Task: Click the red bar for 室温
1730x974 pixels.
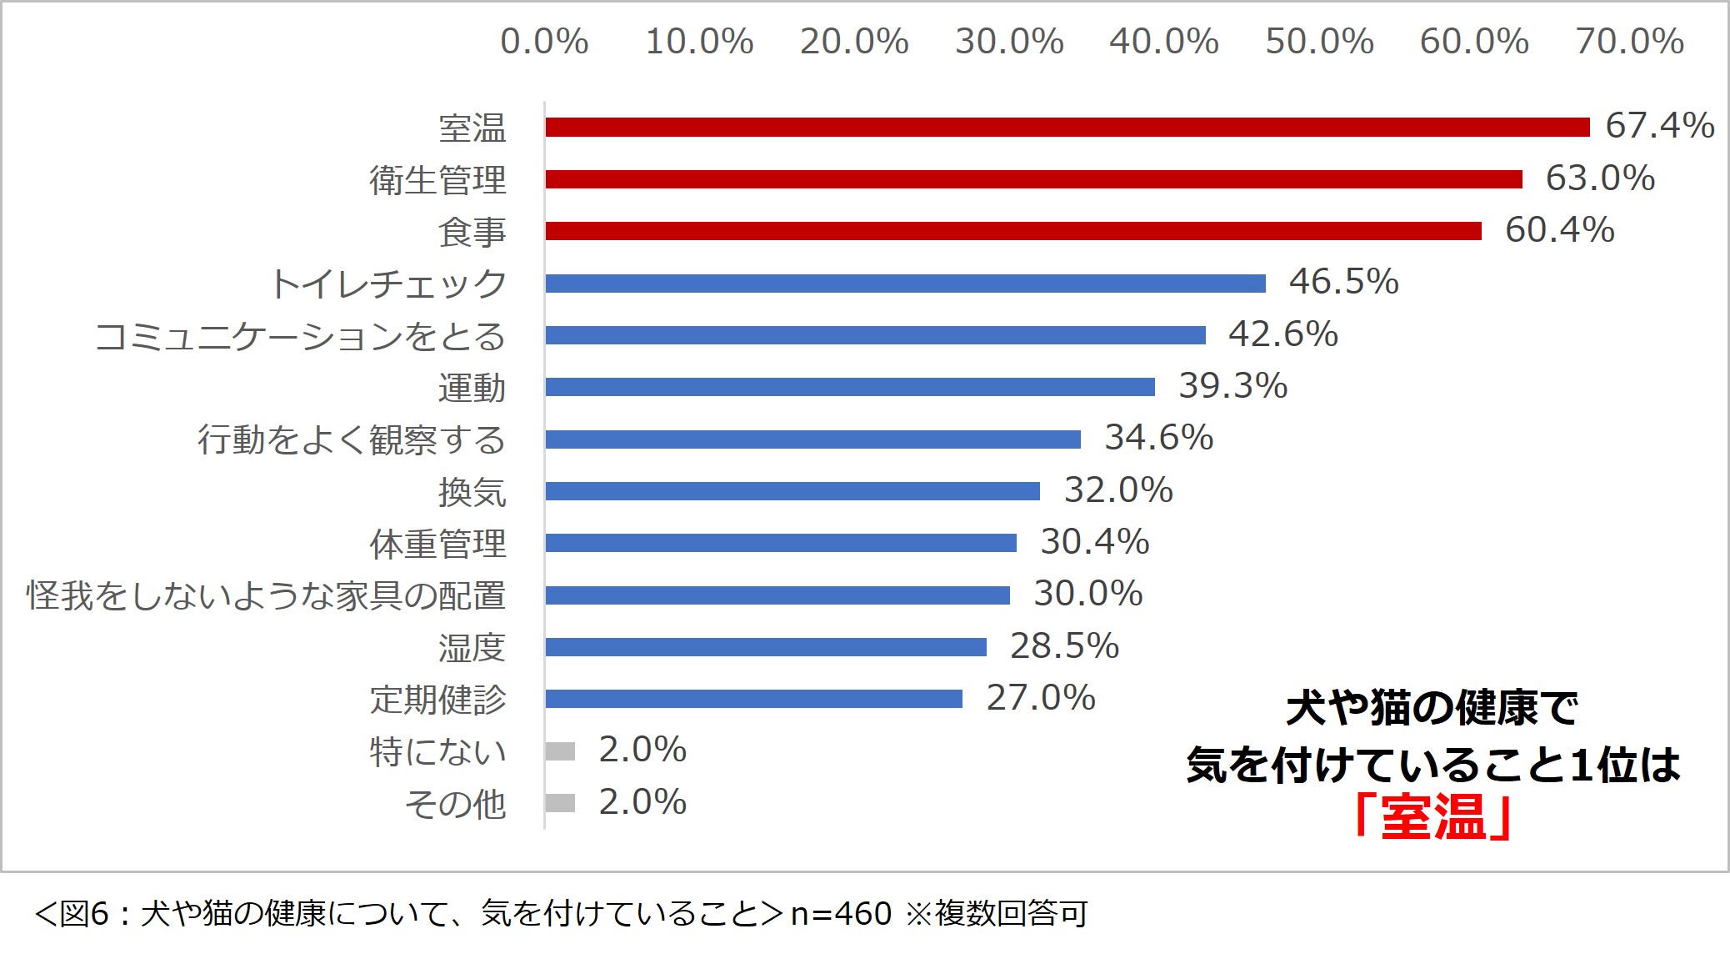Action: [1067, 127]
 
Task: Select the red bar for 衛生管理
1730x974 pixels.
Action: [1033, 179]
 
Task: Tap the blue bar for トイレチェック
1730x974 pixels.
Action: [905, 284]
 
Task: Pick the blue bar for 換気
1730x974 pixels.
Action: [792, 491]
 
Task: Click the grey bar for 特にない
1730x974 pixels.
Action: [560, 751]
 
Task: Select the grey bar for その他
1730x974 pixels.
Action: [560, 803]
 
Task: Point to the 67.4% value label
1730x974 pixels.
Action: [1659, 126]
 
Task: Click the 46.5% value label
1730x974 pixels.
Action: [1343, 282]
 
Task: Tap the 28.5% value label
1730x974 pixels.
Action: [1064, 646]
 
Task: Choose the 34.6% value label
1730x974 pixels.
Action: [1158, 438]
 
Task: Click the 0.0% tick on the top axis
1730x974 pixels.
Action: [544, 42]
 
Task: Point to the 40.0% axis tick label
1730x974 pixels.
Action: [1164, 42]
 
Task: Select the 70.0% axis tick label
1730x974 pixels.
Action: [1629, 42]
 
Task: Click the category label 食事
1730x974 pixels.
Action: [472, 232]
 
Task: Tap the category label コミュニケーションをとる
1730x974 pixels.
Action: [300, 336]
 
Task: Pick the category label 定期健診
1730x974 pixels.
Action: [437, 700]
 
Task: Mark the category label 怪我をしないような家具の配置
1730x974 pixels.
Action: [266, 595]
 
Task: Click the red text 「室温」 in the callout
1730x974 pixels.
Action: [1432, 817]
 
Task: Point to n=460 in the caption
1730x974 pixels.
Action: [841, 915]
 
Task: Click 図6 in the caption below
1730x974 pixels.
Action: [84, 915]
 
